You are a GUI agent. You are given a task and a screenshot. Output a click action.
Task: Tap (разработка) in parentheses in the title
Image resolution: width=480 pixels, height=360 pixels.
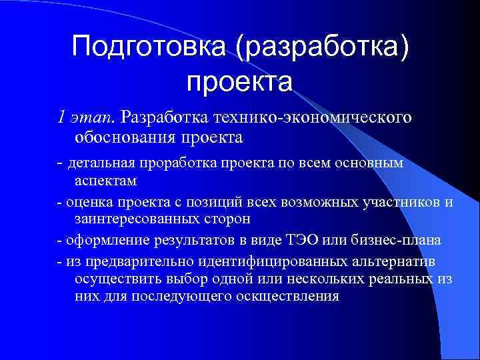point(320,47)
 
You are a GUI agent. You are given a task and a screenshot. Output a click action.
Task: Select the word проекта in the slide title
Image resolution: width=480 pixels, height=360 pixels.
point(239,82)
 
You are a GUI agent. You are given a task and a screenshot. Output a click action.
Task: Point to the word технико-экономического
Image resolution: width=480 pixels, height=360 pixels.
point(310,118)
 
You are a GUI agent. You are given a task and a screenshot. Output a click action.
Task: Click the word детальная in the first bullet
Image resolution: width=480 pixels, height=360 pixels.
point(99,164)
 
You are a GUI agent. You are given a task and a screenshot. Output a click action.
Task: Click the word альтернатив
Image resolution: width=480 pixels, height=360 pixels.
point(363,260)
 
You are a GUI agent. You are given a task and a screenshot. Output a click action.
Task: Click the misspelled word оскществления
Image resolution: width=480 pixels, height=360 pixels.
point(287,295)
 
